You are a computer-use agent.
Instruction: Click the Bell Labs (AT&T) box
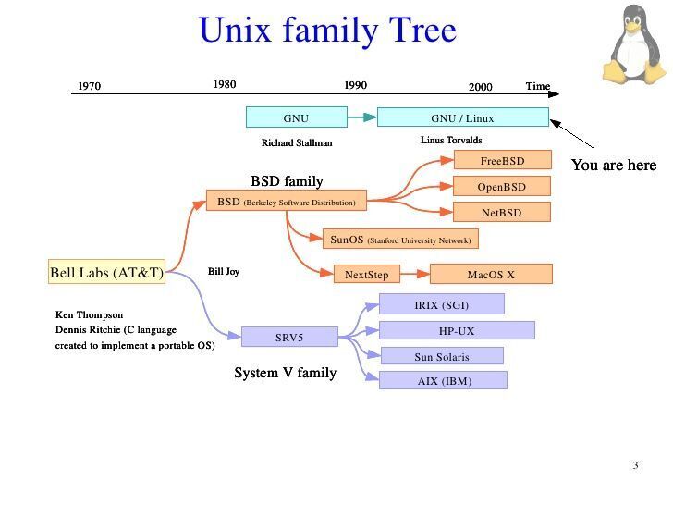pyautogui.click(x=106, y=273)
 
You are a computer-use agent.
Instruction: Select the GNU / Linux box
pyautogui.click(x=462, y=117)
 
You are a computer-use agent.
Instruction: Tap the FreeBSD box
pyautogui.click(x=502, y=161)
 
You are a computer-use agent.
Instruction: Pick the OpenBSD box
pyautogui.click(x=502, y=187)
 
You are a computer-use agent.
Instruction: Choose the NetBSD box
pyautogui.click(x=502, y=213)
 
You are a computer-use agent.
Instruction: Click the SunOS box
pyautogui.click(x=400, y=240)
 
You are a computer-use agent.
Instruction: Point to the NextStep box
pyautogui.click(x=366, y=275)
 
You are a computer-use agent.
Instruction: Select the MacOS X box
pyautogui.click(x=491, y=275)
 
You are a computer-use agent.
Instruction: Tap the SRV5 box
pyautogui.click(x=288, y=338)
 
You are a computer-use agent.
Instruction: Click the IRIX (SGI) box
pyautogui.click(x=441, y=304)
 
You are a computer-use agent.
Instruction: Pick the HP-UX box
pyautogui.click(x=457, y=330)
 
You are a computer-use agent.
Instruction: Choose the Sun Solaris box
pyautogui.click(x=441, y=356)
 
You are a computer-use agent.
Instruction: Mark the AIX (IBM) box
pyautogui.click(x=443, y=380)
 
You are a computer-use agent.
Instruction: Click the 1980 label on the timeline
pyautogui.click(x=225, y=84)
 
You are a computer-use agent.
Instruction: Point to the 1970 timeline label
pyautogui.click(x=90, y=87)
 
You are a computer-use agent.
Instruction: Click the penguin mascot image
pyautogui.click(x=634, y=43)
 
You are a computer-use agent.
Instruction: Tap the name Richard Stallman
pyautogui.click(x=297, y=143)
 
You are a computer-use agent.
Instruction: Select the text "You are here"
pyautogui.click(x=613, y=166)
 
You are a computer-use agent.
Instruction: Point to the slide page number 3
pyautogui.click(x=635, y=465)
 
